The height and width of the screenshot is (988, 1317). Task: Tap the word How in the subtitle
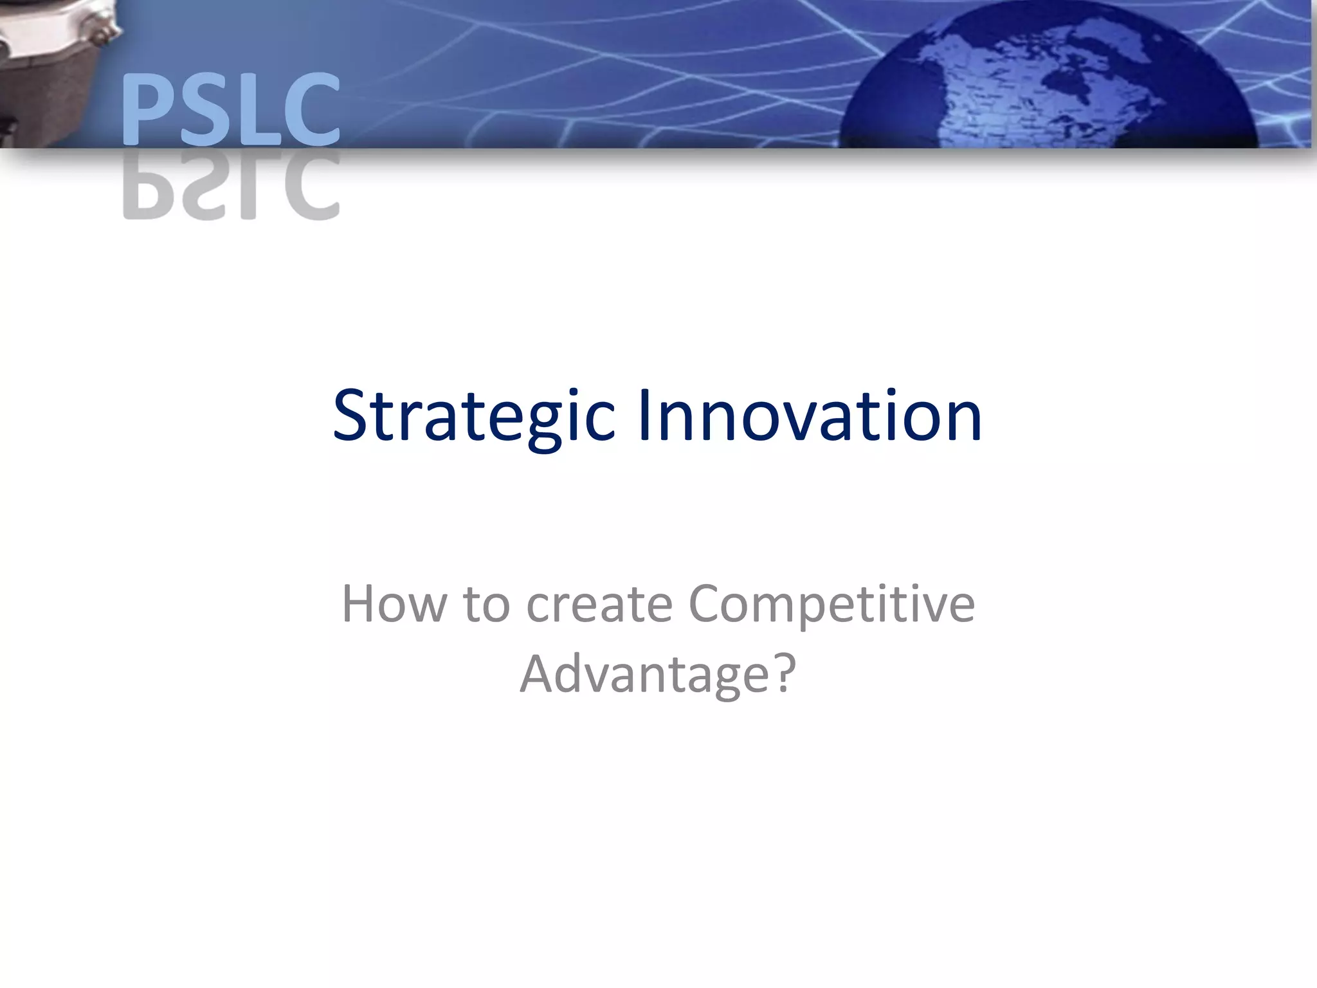(394, 605)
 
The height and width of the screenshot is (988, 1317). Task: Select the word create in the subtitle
(599, 605)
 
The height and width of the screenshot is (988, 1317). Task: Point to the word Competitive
(831, 605)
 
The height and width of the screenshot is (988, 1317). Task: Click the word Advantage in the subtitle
(643, 674)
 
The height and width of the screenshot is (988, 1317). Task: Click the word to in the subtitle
(486, 605)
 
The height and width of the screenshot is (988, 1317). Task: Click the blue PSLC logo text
(230, 109)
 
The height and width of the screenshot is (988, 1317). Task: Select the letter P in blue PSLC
(147, 109)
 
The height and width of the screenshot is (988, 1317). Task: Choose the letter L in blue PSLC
(250, 109)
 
